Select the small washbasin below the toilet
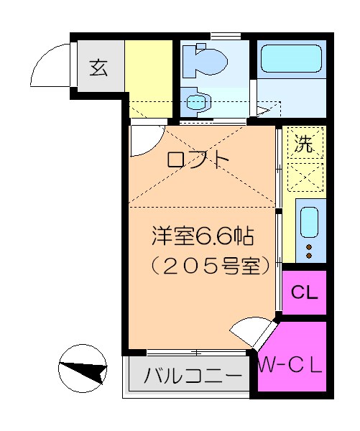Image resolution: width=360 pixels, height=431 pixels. (195, 101)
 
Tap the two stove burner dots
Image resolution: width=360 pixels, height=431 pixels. (310, 251)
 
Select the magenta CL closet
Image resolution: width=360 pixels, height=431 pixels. (305, 292)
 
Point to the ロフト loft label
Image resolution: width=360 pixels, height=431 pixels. (198, 159)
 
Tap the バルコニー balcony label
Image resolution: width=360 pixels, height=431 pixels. (193, 376)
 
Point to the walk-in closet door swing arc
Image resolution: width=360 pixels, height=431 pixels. (248, 332)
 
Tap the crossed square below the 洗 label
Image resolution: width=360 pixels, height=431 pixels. (305, 175)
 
